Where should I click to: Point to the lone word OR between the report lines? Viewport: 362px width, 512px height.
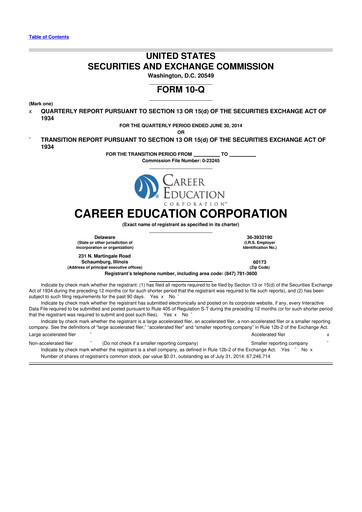coord(180,132)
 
